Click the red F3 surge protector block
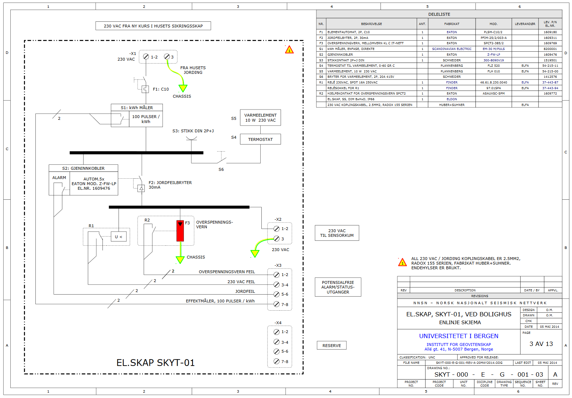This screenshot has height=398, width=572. click(x=180, y=231)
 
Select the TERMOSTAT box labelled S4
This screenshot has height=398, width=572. click(x=260, y=139)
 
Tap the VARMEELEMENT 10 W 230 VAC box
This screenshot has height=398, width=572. click(x=260, y=118)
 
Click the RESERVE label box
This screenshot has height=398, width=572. click(x=331, y=346)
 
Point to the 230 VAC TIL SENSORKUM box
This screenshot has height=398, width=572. click(x=337, y=233)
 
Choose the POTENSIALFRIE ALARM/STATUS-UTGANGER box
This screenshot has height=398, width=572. click(x=338, y=287)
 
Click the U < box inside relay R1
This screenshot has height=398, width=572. click(x=119, y=237)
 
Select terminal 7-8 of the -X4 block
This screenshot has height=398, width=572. click(x=276, y=361)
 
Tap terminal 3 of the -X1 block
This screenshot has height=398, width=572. click(x=167, y=57)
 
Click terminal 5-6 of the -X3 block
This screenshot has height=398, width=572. click(x=276, y=294)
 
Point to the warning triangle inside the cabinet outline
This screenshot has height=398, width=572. click(x=289, y=50)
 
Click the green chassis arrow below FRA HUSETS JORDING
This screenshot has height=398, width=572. click(x=183, y=88)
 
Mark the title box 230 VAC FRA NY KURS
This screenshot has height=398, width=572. click(x=153, y=26)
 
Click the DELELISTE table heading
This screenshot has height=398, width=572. click(x=439, y=14)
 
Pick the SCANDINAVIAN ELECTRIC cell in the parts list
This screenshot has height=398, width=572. click(x=452, y=49)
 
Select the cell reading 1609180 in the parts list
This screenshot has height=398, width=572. click(x=550, y=32)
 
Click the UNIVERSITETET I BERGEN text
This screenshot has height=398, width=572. click(x=458, y=336)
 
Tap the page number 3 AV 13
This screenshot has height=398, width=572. click(x=541, y=344)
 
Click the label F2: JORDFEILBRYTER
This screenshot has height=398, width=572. click(x=170, y=183)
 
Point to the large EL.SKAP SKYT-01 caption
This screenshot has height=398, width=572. click(x=156, y=363)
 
